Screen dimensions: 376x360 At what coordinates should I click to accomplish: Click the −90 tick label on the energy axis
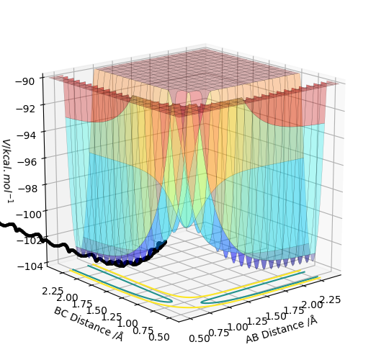26,81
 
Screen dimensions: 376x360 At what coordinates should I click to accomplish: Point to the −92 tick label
26,109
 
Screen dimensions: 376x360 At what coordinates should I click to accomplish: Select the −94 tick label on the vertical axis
26,135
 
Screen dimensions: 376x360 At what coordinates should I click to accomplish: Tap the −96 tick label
27,162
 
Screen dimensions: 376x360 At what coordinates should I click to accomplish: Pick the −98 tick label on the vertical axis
27,189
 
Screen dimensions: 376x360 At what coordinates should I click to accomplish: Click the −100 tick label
30,215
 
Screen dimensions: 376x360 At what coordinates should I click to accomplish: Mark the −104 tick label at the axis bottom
32,266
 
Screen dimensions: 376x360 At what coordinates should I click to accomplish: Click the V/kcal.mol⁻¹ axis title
8,172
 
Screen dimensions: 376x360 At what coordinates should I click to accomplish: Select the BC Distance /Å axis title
89,324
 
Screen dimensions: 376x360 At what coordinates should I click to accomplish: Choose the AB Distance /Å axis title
282,329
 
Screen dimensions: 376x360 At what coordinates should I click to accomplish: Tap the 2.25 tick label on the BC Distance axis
53,292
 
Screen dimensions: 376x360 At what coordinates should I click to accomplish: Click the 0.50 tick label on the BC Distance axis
159,337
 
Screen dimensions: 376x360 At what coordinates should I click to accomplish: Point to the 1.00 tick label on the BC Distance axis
127,323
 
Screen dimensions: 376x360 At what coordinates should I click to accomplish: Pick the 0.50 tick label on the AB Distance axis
200,338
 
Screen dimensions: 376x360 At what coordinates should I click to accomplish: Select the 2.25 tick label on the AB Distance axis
331,300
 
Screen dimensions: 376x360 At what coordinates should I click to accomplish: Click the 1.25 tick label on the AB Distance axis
257,321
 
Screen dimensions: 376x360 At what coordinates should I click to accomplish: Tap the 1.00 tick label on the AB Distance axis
238,327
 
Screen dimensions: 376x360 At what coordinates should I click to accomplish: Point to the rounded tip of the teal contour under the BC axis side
172,301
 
